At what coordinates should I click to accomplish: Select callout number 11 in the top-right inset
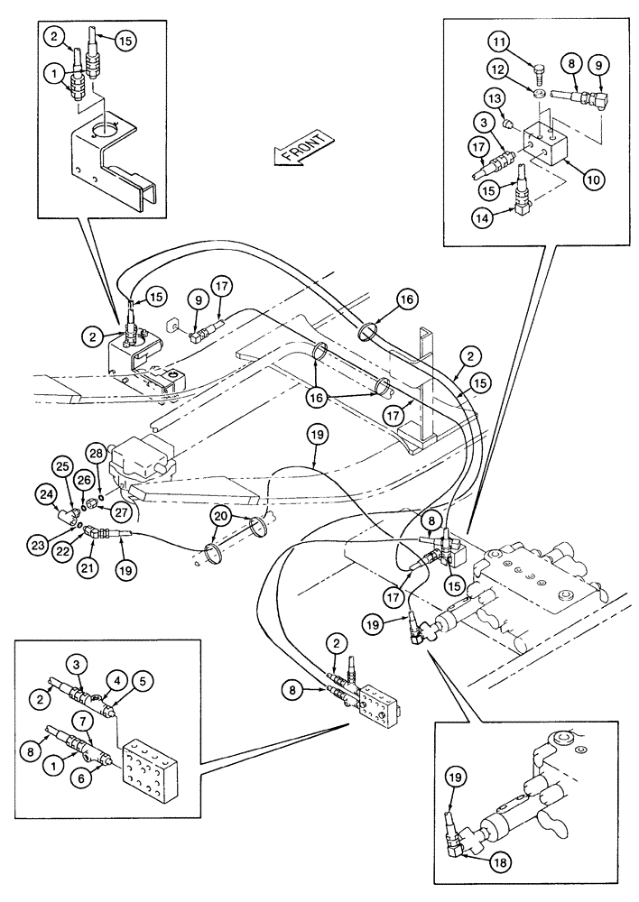502,41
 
